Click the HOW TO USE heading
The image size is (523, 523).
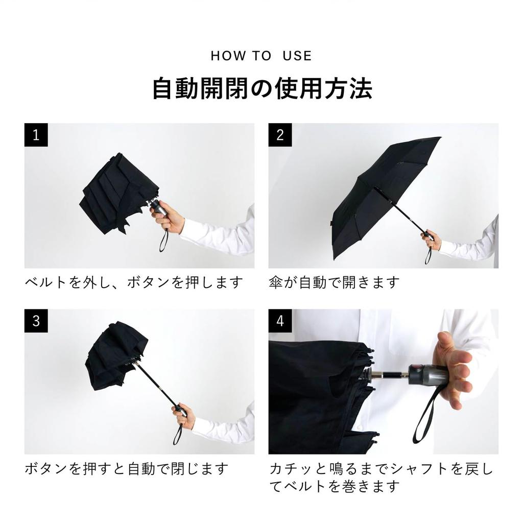click(x=261, y=56)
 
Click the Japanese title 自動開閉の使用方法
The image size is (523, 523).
click(x=262, y=88)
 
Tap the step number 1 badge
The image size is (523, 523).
click(x=36, y=135)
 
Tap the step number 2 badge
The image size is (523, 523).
click(x=280, y=135)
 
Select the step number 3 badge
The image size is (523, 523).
click(x=36, y=321)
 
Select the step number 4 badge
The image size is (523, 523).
click(x=280, y=321)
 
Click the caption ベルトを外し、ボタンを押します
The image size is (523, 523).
click(x=133, y=282)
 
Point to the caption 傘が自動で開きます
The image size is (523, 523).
click(x=334, y=282)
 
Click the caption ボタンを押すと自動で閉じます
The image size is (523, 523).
click(x=126, y=468)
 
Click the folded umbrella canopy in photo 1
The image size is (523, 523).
click(x=116, y=194)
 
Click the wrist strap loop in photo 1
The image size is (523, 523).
click(x=163, y=242)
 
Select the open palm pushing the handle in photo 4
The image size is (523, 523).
click(x=452, y=368)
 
